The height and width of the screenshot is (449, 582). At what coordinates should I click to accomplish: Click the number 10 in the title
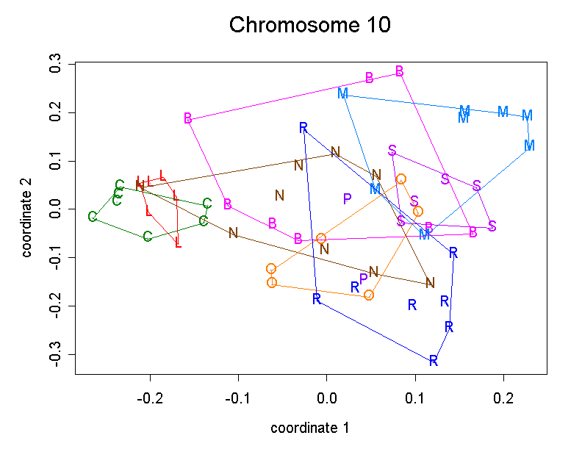click(x=375, y=25)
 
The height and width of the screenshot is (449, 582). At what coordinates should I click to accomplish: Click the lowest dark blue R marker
click(x=434, y=360)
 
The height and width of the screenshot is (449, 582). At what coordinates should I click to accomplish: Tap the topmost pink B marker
click(x=400, y=71)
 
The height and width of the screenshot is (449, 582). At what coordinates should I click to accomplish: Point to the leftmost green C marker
click(x=92, y=217)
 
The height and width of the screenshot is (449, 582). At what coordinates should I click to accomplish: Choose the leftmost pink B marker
click(x=188, y=118)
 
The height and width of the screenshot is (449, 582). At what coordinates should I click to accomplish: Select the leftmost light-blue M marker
click(x=342, y=93)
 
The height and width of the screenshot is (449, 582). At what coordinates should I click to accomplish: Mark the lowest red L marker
click(x=178, y=243)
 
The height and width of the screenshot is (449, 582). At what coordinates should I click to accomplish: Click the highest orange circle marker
click(x=401, y=179)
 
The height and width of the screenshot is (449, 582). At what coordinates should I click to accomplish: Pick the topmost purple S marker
click(x=392, y=151)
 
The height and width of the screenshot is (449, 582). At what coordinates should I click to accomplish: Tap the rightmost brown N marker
click(x=430, y=282)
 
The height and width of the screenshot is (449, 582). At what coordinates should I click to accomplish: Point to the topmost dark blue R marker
click(x=303, y=128)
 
